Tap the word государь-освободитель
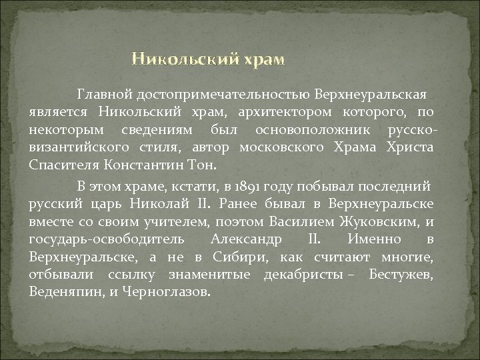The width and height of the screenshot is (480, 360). [109, 238]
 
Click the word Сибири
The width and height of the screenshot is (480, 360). [239, 257]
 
